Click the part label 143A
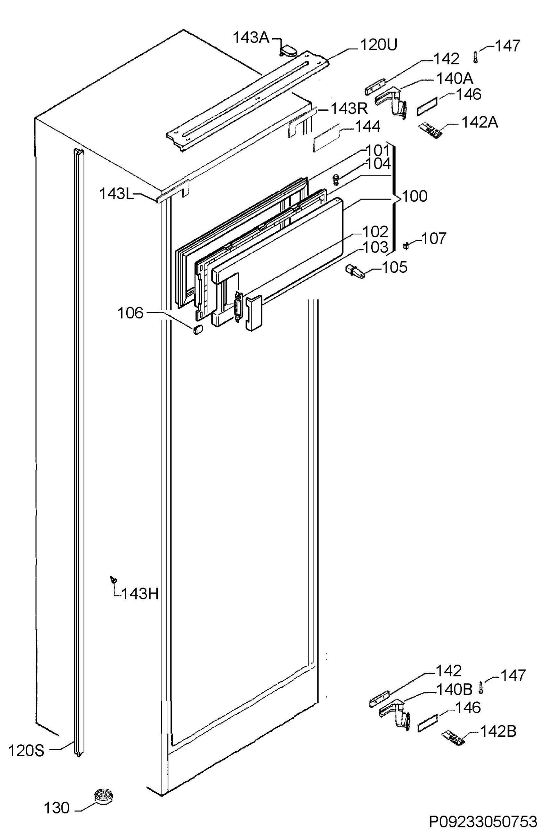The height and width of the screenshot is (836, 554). pos(251,38)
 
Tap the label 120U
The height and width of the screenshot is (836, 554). pos(378,45)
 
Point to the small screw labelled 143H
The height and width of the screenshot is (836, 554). pos(113,579)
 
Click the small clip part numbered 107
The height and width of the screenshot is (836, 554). pos(406,245)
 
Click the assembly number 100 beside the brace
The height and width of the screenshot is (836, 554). pos(415,196)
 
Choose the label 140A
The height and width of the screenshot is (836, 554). pos(455,78)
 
